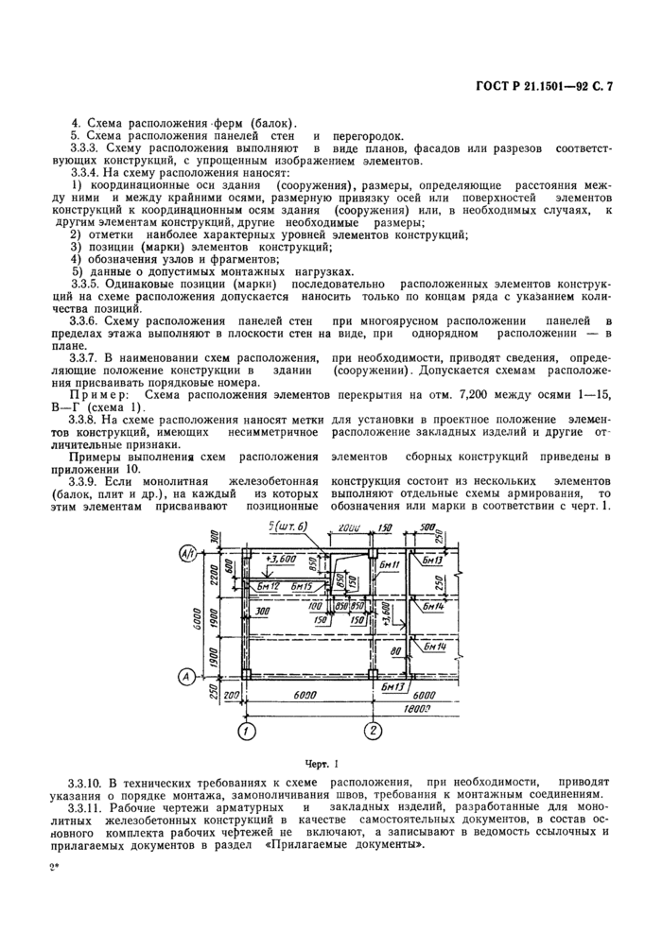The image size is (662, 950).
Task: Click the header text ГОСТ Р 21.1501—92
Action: click(x=525, y=88)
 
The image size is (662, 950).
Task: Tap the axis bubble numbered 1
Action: click(x=245, y=731)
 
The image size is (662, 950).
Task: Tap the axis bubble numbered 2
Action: click(x=375, y=731)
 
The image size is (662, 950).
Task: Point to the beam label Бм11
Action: click(x=391, y=565)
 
